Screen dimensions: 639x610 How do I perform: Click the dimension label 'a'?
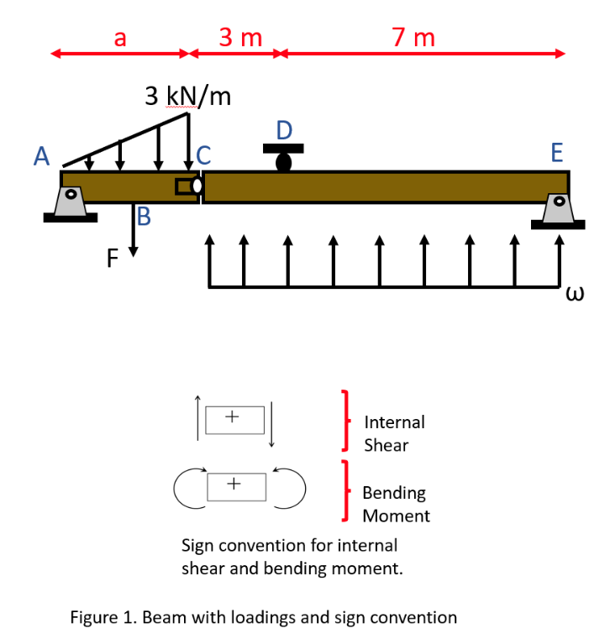pyautogui.click(x=119, y=38)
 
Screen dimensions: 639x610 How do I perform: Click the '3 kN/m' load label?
pyautogui.click(x=187, y=96)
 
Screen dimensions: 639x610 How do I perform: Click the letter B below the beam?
pyautogui.click(x=144, y=218)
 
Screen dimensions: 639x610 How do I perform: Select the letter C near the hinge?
pyautogui.click(x=204, y=155)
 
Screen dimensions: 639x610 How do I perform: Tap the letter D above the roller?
pyautogui.click(x=284, y=130)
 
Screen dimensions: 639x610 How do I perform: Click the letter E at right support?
pyautogui.click(x=555, y=153)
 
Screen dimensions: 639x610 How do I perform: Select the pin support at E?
pyautogui.click(x=557, y=210)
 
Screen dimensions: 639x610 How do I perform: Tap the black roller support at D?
pyautogui.click(x=284, y=158)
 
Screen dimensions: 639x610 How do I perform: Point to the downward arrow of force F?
pyautogui.click(x=133, y=230)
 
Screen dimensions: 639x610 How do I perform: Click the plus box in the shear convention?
pyautogui.click(x=234, y=416)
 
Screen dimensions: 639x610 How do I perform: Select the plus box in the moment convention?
pyautogui.click(x=234, y=484)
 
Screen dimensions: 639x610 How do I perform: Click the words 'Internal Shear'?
pyautogui.click(x=394, y=433)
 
